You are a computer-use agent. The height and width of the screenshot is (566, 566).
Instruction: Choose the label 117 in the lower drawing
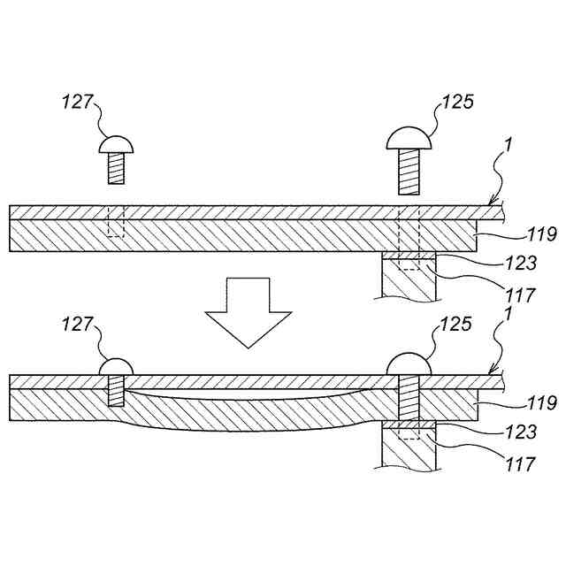pyautogui.click(x=519, y=463)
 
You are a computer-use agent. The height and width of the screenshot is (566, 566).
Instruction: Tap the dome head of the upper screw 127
pyautogui.click(x=116, y=144)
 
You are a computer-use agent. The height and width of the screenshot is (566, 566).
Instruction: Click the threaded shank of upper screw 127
pyautogui.click(x=116, y=168)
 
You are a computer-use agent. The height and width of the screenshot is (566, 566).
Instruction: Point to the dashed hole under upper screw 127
pyautogui.click(x=116, y=222)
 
